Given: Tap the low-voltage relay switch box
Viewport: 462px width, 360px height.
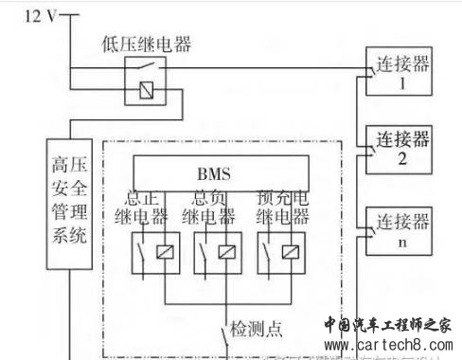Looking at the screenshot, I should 146,79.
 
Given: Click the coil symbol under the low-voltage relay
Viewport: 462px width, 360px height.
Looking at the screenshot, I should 146,92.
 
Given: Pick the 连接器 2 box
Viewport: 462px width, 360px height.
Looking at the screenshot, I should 402,149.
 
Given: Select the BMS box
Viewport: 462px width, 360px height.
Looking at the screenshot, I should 213,174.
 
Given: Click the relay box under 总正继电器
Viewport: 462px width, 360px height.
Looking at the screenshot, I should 151,252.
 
